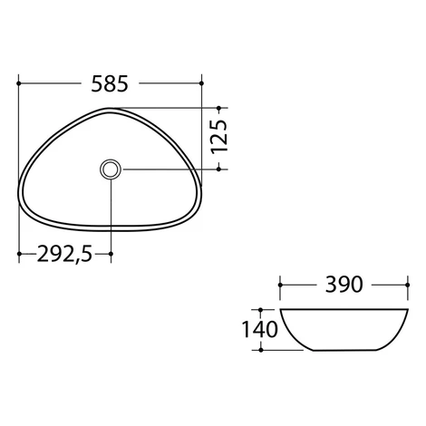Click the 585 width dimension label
pos(110,83)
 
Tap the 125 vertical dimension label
pos(219,137)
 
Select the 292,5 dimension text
pos(64,254)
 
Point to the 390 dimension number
pos(344,285)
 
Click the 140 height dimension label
pos(260,329)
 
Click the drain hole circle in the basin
pos(111,169)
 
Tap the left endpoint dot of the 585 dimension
pos(19,83)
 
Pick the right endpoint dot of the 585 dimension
pos(201,83)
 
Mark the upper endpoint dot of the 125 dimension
pos(219,108)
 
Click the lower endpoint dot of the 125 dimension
pos(219,169)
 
